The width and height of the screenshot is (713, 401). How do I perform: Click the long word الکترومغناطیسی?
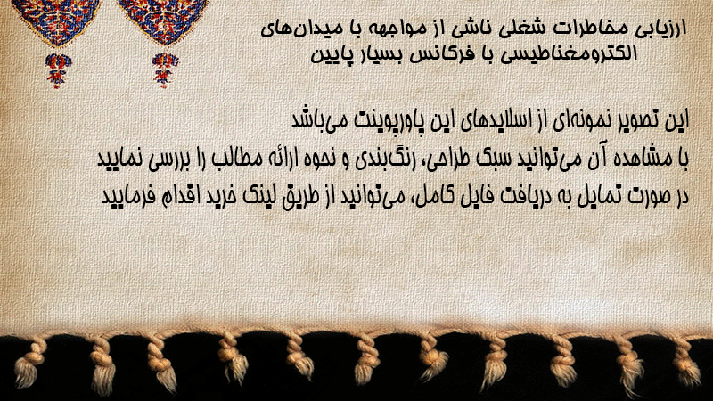tap(568, 54)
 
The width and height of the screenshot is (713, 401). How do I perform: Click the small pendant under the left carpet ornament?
tap(58, 70)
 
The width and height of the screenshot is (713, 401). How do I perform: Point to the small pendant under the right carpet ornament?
tap(165, 70)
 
